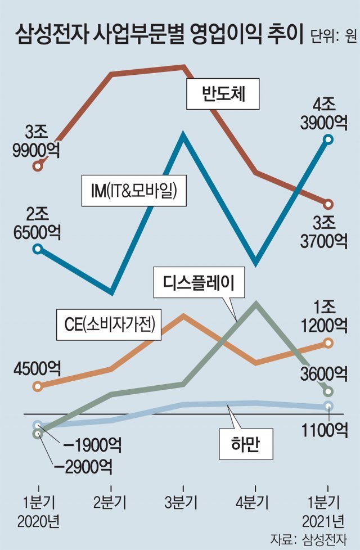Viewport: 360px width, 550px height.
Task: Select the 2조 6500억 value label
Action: coord(38,223)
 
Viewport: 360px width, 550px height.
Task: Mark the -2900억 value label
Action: coord(83,465)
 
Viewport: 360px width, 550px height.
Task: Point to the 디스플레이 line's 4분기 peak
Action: coord(256,303)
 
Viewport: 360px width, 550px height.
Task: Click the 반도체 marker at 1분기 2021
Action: coord(328,204)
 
